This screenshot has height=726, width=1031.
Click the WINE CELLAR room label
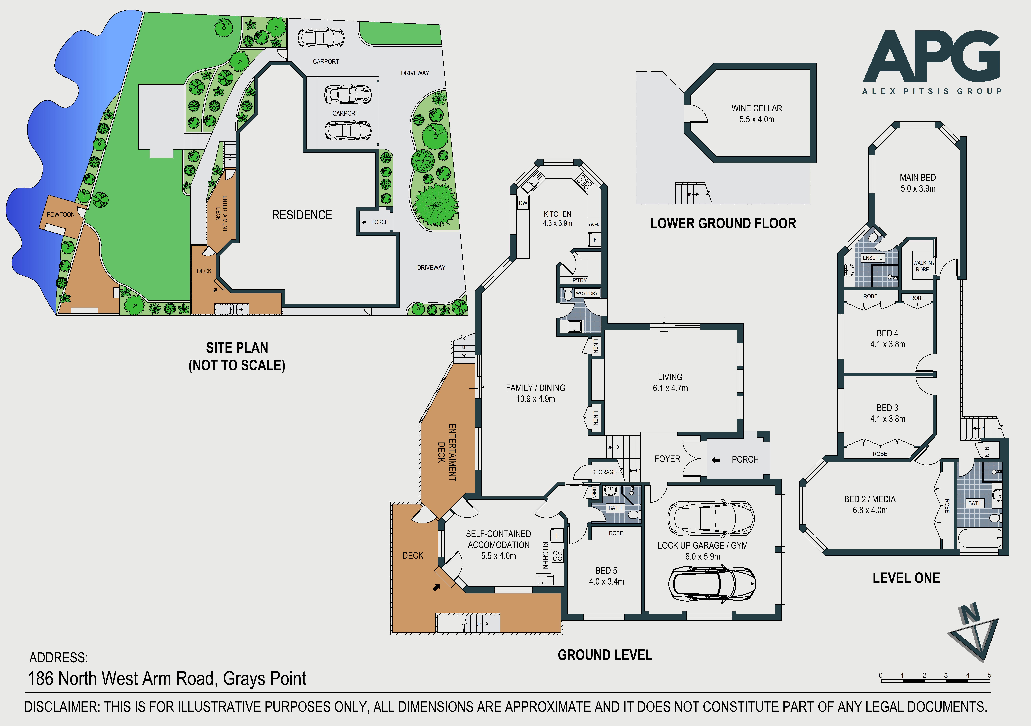pos(757,108)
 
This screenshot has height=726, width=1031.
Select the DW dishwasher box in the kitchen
pos(523,203)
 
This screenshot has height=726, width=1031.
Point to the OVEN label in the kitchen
pos(594,225)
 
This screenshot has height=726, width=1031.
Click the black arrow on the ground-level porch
pos(716,460)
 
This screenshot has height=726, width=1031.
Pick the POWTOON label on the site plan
pos(61,214)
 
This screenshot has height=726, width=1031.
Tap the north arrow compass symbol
pos(974,631)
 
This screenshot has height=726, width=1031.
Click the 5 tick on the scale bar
pos(989,675)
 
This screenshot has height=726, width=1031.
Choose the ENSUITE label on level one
pos(872,258)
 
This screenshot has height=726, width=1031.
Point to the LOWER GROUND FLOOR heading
pos(723,223)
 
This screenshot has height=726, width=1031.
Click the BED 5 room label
pos(606,571)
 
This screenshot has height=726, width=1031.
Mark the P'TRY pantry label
pos(579,280)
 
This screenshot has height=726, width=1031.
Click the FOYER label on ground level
pos(667,459)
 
